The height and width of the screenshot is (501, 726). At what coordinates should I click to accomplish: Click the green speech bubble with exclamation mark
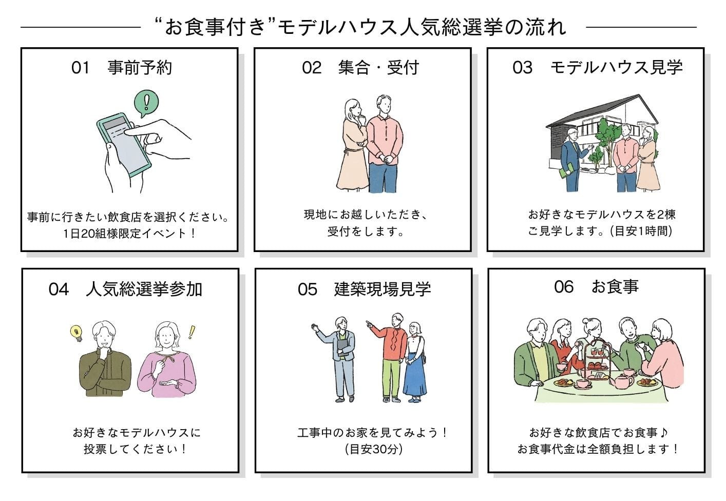(x=147, y=103)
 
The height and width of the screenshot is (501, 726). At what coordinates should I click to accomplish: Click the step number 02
(x=312, y=68)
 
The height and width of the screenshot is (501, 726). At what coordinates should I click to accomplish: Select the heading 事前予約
(x=140, y=68)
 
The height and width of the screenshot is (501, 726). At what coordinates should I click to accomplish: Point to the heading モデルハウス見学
(x=616, y=68)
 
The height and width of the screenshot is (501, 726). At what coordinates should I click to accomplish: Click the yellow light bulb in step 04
(x=77, y=333)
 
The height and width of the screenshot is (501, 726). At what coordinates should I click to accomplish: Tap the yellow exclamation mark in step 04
(x=192, y=332)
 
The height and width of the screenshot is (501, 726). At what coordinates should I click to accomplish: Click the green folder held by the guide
(x=566, y=171)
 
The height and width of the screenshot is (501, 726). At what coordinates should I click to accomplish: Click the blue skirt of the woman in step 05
(x=414, y=377)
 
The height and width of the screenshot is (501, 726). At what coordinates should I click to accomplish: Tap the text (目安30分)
(x=374, y=449)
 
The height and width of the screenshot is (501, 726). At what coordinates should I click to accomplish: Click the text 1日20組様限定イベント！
(x=129, y=234)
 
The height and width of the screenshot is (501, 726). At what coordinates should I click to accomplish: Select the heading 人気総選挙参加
(x=144, y=289)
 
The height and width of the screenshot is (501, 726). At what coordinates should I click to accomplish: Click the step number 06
(x=564, y=286)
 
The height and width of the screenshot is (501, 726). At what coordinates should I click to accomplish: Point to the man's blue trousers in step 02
(x=383, y=177)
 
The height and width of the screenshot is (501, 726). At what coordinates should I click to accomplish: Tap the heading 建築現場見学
(x=383, y=289)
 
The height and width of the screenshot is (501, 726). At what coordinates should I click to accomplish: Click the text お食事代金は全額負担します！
(x=598, y=449)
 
